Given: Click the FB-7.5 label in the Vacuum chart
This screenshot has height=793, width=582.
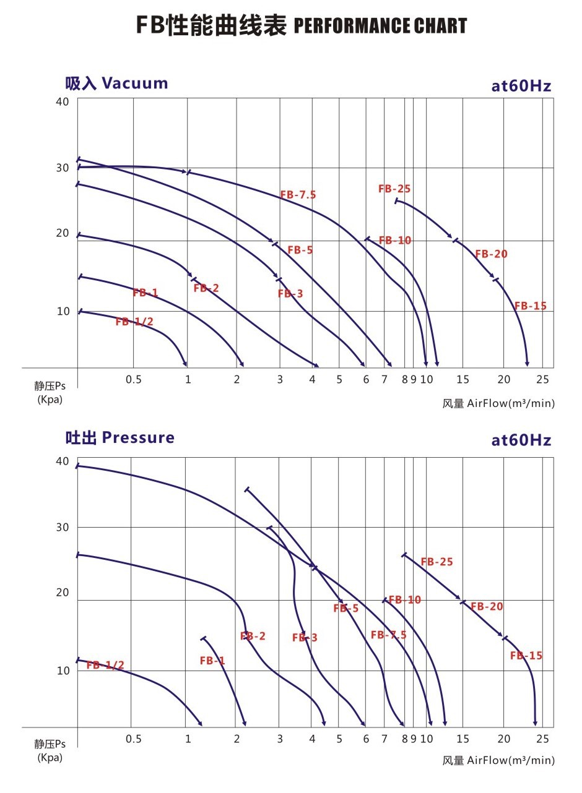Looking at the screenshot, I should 298,195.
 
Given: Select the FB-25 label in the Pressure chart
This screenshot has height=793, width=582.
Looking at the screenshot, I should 436,562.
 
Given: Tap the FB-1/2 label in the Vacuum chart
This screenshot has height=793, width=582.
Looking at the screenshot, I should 134,322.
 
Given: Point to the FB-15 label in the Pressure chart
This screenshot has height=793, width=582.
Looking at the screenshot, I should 526,656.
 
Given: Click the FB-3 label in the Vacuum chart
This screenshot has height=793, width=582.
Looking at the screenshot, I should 290,294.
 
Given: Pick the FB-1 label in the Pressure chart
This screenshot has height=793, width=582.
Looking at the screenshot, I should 212,661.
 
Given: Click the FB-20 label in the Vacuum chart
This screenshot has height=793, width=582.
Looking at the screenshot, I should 491,254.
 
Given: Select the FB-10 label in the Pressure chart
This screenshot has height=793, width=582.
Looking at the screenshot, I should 405,600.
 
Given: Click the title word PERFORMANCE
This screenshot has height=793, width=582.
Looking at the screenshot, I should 350,27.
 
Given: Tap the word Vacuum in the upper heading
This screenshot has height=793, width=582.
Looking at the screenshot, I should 134,84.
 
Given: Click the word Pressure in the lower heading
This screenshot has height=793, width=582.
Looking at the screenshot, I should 138,438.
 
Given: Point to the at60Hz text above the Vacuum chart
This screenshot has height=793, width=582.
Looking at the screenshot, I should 521,86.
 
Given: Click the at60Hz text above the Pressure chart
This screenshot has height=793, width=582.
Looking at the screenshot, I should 521,440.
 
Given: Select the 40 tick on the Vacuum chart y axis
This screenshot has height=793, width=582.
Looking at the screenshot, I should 63,101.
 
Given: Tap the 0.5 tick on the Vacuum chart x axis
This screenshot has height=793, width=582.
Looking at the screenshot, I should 134,379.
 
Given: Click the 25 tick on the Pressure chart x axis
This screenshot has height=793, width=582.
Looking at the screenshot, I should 542,739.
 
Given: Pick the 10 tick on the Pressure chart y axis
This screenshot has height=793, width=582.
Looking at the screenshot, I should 63,671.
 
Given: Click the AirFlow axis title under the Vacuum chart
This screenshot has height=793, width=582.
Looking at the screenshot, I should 498,404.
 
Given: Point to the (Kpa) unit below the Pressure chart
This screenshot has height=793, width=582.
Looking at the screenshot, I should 50,757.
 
